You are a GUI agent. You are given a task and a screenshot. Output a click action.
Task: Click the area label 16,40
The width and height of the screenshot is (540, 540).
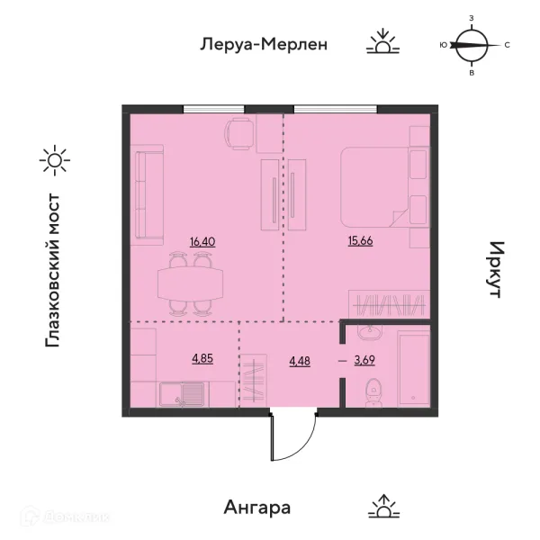[202, 242]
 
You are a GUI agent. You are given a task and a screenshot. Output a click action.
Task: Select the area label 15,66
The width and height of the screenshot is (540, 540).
[360, 240]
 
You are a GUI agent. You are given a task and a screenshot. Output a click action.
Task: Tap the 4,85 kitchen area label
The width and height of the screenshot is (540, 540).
[202, 358]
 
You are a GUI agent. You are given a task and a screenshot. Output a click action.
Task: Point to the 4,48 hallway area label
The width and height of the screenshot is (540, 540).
[300, 361]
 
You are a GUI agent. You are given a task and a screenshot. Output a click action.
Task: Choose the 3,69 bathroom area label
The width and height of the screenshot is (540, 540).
[364, 360]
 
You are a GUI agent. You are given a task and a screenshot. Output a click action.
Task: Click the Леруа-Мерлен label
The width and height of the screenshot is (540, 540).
[264, 44]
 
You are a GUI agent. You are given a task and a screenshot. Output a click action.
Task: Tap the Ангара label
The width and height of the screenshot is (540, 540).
[257, 508]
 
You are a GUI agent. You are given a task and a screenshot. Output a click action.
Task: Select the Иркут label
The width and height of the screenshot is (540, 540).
[497, 269]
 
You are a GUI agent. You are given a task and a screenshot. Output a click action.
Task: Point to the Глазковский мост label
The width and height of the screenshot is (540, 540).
[53, 270]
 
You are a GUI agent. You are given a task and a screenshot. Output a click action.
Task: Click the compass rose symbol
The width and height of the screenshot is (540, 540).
[472, 45]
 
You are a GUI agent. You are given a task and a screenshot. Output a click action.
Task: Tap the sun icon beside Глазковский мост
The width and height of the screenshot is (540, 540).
[55, 160]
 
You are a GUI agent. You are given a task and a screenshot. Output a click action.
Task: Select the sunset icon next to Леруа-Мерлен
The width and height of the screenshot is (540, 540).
[382, 41]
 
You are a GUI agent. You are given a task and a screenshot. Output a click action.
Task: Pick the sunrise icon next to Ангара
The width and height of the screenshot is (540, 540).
[384, 506]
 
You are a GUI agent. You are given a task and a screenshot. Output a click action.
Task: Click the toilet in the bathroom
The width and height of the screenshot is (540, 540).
[373, 392]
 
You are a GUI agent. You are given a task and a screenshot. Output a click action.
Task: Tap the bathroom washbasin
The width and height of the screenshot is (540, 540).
[369, 331]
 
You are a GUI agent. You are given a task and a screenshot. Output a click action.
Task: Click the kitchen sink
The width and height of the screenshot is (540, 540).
[182, 395]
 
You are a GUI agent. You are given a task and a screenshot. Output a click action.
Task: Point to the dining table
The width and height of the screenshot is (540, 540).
[190, 283]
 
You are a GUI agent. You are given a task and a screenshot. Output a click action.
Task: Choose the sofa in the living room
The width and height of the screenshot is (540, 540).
[147, 195]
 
